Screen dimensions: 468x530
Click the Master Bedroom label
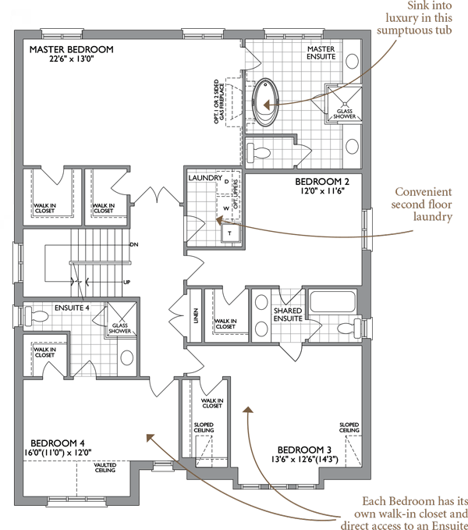71,49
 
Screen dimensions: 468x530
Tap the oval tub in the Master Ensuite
266,101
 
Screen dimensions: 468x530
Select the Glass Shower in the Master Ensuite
344,104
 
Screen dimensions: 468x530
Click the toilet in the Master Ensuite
259,152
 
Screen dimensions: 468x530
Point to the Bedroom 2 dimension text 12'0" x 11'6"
322,191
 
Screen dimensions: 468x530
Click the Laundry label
205,178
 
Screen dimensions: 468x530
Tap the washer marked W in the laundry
226,208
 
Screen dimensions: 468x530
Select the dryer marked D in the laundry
226,183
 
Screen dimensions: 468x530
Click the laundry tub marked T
230,233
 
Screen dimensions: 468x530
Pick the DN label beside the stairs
134,244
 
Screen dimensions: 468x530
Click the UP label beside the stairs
126,282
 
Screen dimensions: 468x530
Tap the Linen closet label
196,315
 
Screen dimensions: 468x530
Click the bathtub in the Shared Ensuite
332,301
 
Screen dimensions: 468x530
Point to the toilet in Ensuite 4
37,315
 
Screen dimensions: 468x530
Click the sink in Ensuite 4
127,357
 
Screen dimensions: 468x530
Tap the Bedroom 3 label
304,450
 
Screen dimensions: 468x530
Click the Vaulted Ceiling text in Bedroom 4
105,468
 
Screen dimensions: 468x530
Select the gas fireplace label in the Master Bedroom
218,101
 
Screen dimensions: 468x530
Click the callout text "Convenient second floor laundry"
422,205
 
